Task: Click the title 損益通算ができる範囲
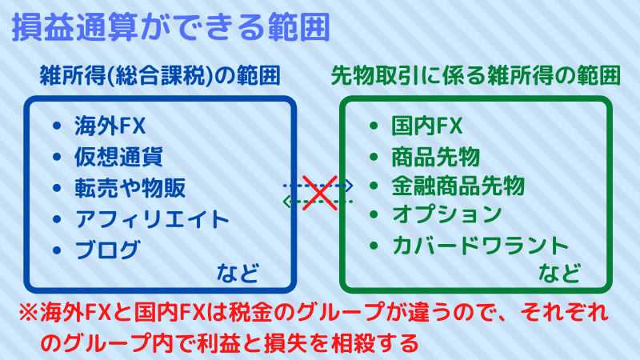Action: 171,27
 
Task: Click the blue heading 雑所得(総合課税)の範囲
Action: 160,75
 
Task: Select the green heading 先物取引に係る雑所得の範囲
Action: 475,75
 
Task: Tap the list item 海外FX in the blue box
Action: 110,126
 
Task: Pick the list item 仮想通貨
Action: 118,157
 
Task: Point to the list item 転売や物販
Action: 130,188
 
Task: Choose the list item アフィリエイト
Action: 152,219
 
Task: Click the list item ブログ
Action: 108,250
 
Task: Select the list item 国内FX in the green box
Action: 427,126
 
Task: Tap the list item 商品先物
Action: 436,157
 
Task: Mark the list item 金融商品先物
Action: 458,186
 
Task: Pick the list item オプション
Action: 447,214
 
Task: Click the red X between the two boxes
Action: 320,193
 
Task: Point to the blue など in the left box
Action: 238,273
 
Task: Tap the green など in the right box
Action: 559,273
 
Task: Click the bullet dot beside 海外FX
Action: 57,126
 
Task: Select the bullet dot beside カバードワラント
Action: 374,246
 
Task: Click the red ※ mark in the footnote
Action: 30,313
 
